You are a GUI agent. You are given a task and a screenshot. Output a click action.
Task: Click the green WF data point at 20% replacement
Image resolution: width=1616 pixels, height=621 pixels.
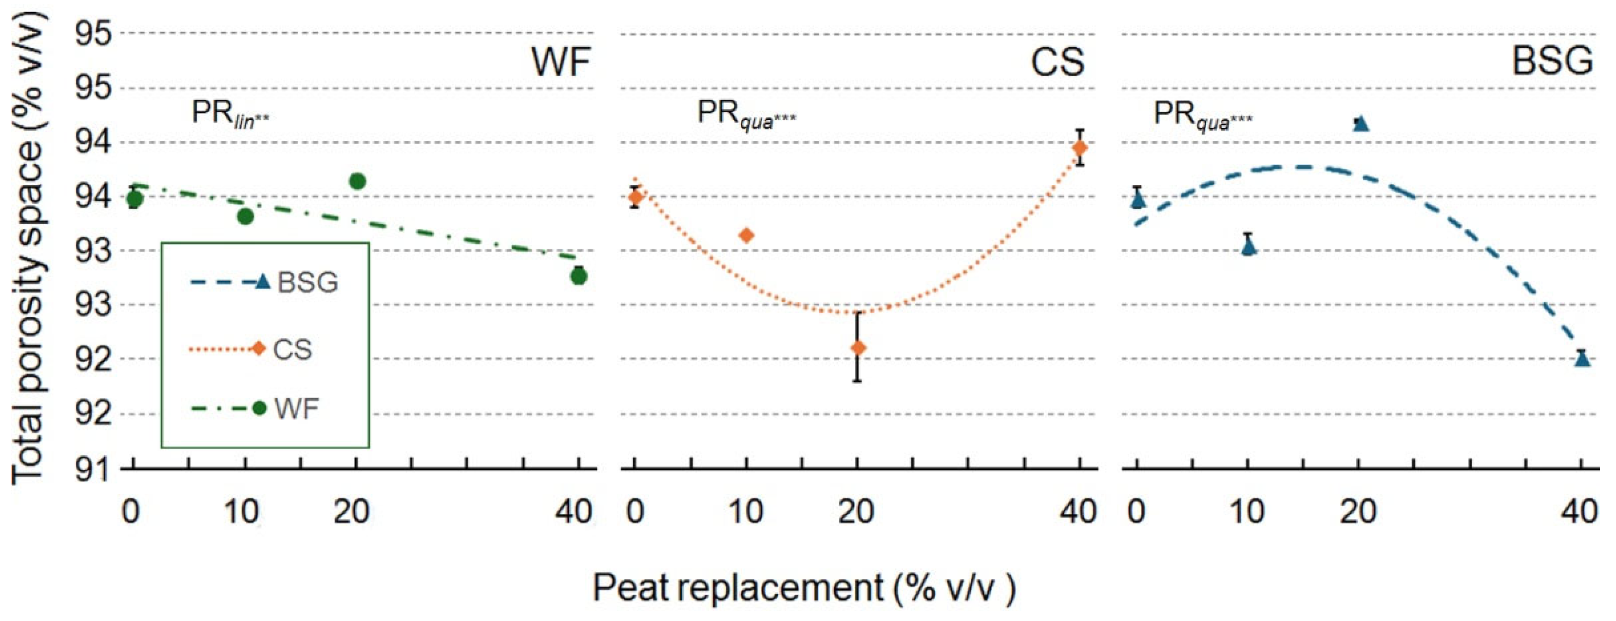coord(357,182)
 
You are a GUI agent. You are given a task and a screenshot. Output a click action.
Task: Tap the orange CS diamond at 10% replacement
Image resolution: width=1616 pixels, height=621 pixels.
coord(747,236)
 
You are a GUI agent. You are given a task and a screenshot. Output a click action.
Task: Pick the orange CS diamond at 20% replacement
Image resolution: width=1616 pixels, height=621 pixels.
coord(858,348)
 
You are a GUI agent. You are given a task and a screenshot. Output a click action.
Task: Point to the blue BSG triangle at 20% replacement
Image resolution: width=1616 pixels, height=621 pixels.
coord(1360,124)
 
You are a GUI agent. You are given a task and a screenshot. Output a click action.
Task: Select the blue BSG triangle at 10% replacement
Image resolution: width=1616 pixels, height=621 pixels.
coord(1249,247)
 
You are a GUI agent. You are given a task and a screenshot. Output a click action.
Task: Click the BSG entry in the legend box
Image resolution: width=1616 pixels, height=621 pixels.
coord(308,283)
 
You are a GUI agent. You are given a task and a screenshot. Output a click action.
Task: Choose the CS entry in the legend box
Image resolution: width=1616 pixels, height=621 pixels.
coord(292,349)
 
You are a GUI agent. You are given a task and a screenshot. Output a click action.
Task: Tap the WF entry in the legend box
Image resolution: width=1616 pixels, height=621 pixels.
coord(296,409)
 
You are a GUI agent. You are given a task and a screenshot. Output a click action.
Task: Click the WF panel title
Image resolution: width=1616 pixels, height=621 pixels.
coord(561,62)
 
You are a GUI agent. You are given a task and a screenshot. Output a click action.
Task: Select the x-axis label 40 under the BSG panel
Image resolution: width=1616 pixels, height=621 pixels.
coord(1579,512)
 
